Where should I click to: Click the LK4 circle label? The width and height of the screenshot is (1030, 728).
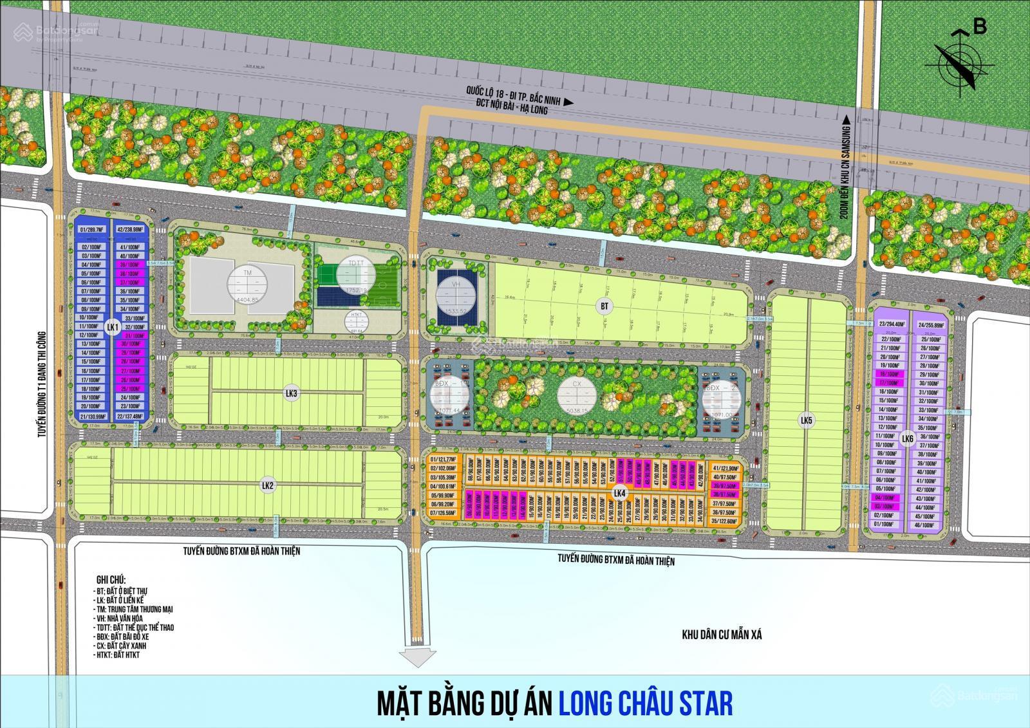620,493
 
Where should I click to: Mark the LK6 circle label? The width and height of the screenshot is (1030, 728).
908,439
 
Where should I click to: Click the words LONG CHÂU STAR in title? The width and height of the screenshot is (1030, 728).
645,703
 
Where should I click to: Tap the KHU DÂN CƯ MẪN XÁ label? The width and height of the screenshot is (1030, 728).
722,635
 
